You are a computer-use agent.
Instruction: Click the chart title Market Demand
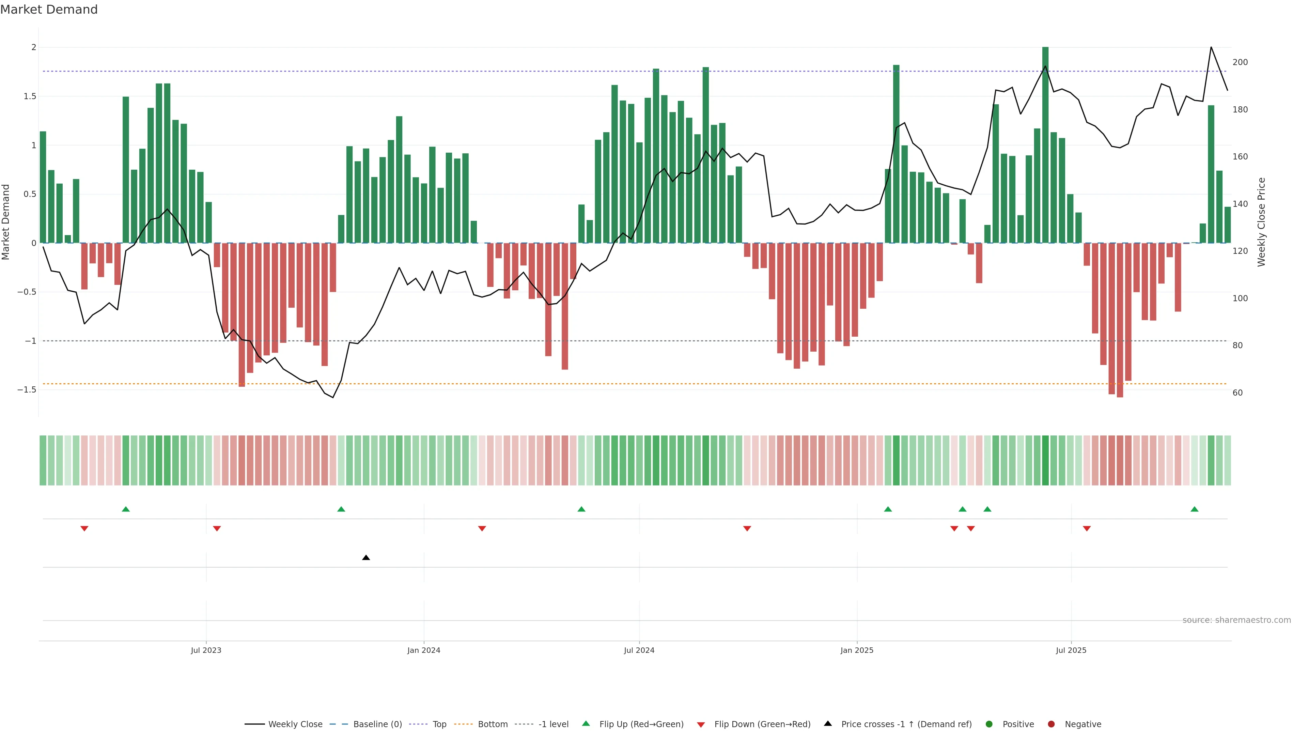point(49,10)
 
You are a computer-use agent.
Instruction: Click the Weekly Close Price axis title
point(1261,222)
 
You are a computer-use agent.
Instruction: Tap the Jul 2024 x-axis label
point(639,650)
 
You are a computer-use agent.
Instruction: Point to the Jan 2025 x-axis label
point(857,650)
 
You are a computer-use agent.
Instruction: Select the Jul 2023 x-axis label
point(206,650)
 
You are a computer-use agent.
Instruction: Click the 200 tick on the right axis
point(1240,62)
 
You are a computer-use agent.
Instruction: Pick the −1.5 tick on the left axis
point(27,389)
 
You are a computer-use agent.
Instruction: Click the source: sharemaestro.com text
point(1236,620)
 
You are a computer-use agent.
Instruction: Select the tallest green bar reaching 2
point(1045,145)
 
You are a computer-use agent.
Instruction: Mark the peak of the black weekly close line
point(1211,47)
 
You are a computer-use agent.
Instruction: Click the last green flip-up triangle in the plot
point(1194,509)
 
